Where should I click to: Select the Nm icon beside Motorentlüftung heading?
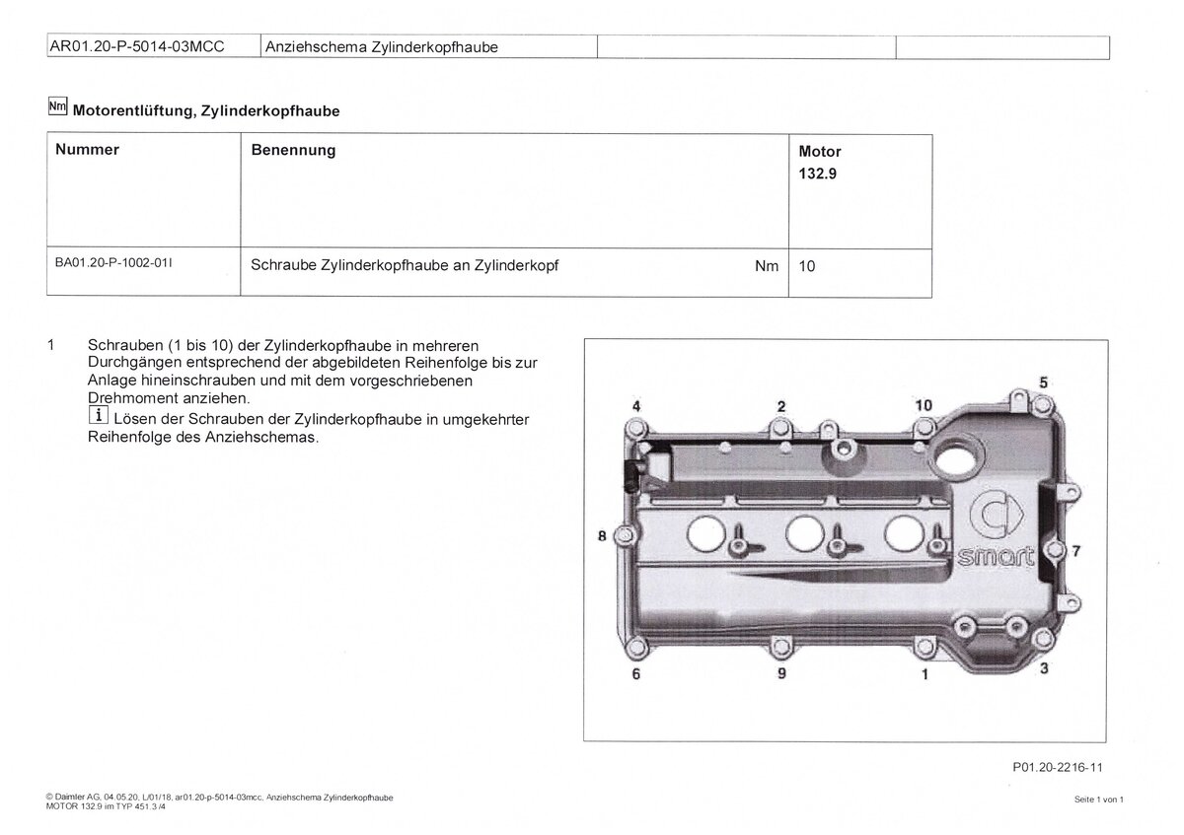click(58, 109)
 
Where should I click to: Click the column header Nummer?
click(88, 150)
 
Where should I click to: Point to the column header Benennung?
click(293, 150)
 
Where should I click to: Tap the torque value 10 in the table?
click(807, 265)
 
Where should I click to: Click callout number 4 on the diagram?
click(637, 406)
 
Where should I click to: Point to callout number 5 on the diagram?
click(1044, 383)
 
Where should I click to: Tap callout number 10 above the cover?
click(923, 405)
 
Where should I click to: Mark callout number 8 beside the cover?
click(601, 536)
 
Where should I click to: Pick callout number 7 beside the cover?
click(1076, 550)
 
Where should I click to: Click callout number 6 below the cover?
click(636, 674)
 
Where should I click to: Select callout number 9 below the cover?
click(781, 674)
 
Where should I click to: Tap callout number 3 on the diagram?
click(1045, 669)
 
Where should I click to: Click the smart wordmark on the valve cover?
click(998, 558)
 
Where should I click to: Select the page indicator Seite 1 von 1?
click(1099, 800)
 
